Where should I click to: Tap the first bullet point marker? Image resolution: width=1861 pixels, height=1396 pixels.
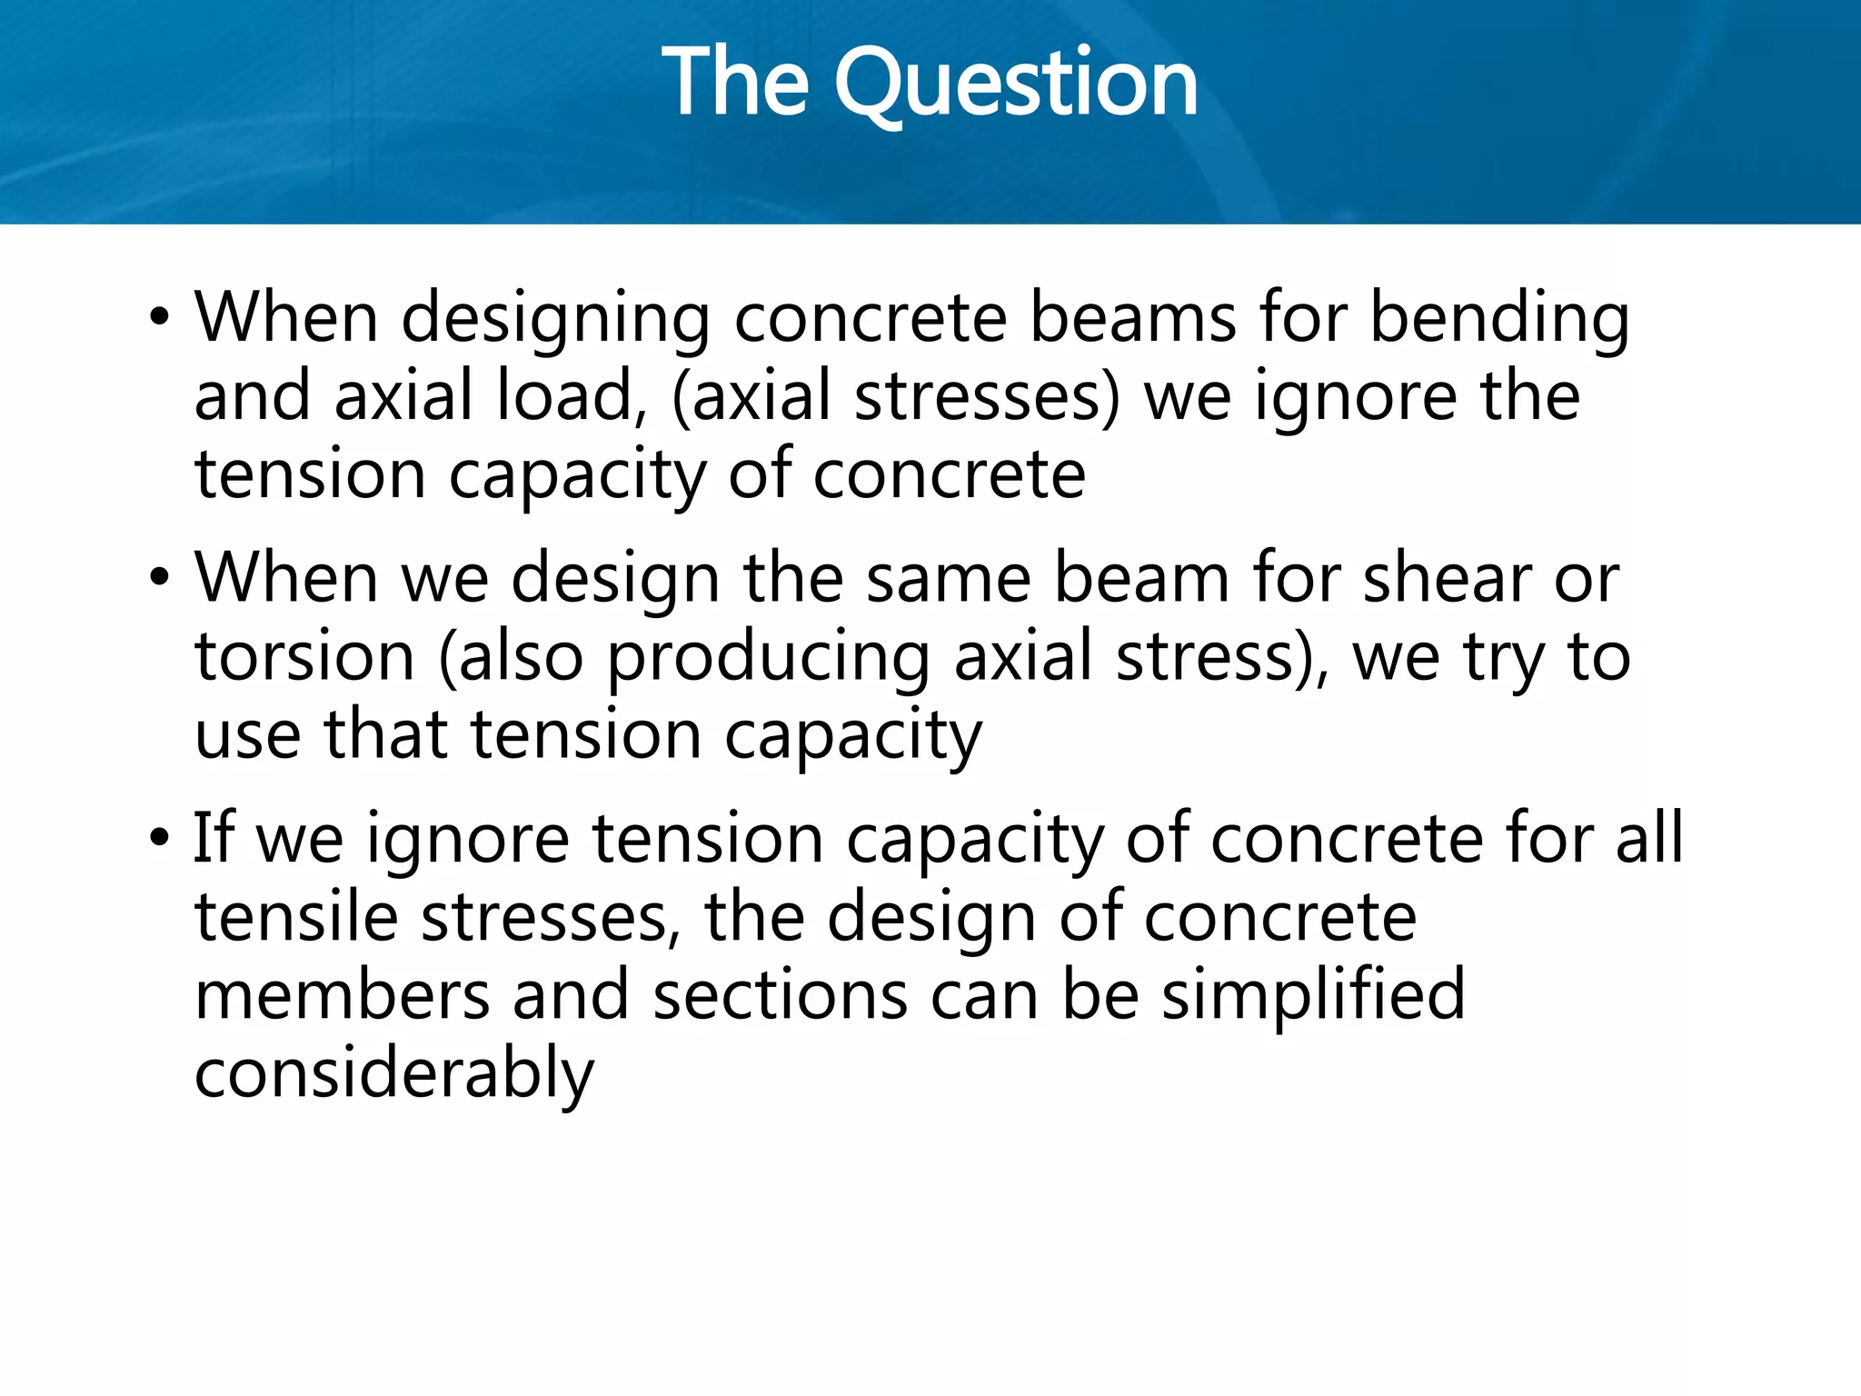point(160,318)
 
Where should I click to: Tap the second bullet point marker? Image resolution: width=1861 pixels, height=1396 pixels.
point(160,578)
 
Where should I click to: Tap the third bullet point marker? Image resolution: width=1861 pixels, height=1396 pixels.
point(160,838)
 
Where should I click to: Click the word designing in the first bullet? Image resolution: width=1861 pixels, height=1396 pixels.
point(555,320)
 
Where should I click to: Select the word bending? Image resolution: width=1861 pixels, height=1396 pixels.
point(1499,320)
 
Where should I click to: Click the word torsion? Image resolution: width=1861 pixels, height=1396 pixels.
point(304,657)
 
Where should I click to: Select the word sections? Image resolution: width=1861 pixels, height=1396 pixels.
point(780,996)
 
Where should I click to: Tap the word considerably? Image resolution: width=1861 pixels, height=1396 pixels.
point(393,1074)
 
